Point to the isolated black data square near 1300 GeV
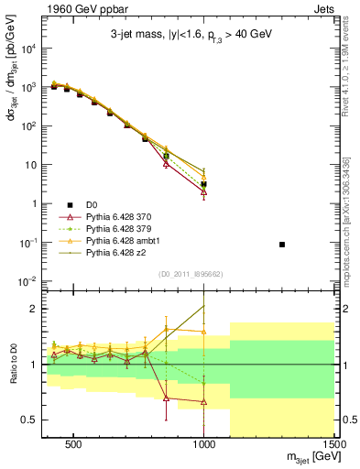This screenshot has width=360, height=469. point(282,245)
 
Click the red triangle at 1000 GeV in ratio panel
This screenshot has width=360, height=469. point(204,402)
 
